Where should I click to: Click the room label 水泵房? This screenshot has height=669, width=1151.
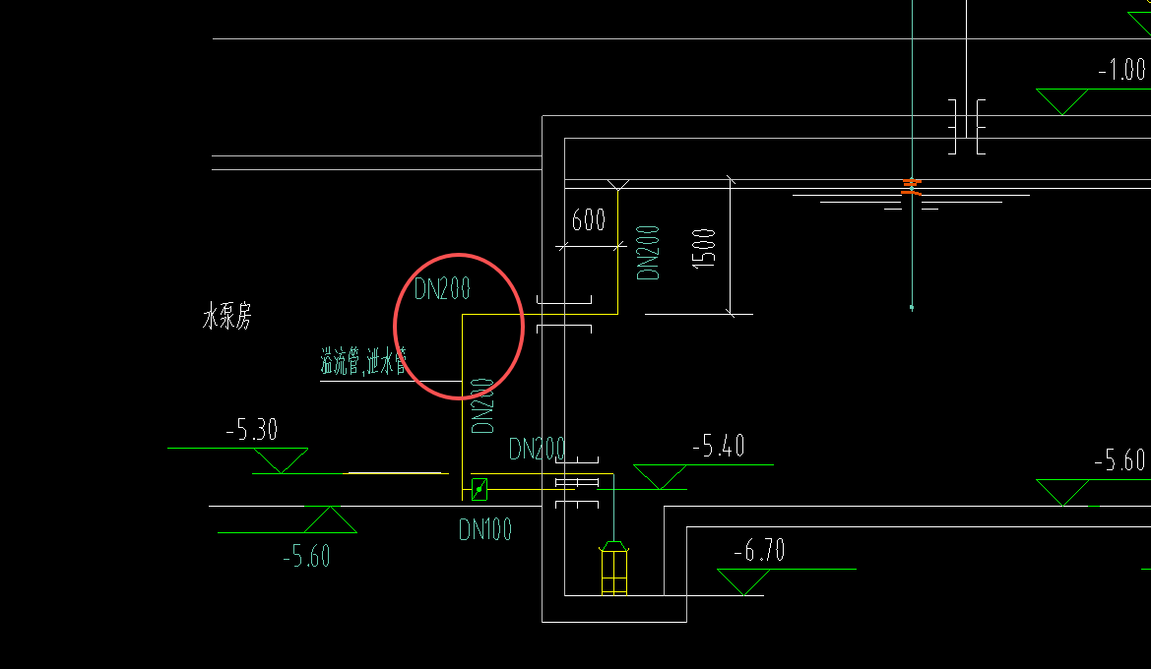(226, 318)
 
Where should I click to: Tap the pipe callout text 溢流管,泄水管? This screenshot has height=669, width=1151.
(363, 361)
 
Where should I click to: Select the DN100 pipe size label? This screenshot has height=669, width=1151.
(485, 530)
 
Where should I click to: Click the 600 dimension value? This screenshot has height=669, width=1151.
(589, 219)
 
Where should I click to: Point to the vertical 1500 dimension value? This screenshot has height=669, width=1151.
(705, 250)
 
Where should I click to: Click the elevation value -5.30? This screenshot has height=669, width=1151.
(251, 430)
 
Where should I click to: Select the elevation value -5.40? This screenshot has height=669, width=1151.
(718, 447)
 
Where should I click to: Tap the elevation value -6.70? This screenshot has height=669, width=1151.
(759, 551)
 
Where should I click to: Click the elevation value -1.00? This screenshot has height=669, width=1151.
(1121, 70)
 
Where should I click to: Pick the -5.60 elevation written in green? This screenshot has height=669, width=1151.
(306, 557)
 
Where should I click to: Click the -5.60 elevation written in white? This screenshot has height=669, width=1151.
(1119, 460)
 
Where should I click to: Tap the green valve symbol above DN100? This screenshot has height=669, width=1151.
(480, 489)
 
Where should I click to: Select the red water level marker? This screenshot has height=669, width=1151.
(913, 186)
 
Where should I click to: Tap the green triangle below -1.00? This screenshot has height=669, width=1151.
(1062, 99)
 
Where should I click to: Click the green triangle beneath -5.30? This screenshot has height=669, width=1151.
(281, 458)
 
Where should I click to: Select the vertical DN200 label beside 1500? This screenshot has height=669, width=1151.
(649, 252)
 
